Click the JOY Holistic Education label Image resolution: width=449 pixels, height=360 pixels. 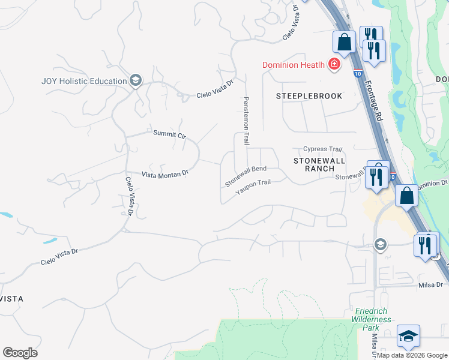coord(84,81)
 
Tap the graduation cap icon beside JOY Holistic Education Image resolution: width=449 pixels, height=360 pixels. coord(136,81)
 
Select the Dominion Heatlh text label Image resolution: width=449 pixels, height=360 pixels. coord(293,65)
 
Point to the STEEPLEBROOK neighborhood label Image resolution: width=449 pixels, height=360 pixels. coord(309,96)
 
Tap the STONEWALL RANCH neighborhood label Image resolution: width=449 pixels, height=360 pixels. coord(319,164)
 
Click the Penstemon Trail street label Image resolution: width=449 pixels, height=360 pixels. coord(246,121)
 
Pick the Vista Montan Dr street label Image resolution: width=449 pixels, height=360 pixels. coord(164,173)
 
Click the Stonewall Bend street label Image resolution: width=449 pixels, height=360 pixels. coord(246,176)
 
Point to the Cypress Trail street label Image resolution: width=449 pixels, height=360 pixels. coord(322,149)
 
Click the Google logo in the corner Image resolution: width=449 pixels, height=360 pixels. coord(20,353)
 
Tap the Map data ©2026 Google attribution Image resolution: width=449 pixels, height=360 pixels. coord(412,355)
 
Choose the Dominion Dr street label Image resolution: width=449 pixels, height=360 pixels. coord(431,183)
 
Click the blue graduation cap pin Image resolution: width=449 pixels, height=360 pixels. coord(408,337)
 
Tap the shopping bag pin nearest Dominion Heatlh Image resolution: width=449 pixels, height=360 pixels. coord(345,43)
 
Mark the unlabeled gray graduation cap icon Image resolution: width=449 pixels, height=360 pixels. coord(379,244)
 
